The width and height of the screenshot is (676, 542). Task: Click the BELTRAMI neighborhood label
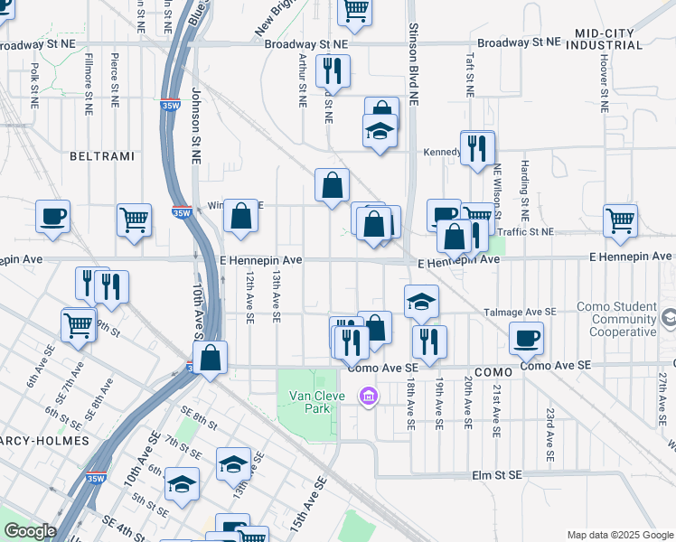click(101, 156)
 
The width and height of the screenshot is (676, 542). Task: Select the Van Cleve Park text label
click(313, 402)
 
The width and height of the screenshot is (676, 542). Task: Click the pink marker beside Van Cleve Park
click(367, 397)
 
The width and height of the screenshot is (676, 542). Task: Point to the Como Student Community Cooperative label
click(623, 320)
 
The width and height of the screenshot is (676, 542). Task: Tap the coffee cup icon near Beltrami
click(53, 217)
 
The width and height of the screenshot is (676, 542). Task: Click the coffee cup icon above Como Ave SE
click(526, 339)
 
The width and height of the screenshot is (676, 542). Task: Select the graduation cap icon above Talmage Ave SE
click(421, 302)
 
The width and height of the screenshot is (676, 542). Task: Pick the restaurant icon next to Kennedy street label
click(477, 147)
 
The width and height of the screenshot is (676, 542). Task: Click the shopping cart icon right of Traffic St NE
click(620, 220)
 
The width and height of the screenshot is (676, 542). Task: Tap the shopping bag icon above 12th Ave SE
click(240, 216)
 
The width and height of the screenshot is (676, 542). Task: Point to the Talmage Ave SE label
click(519, 311)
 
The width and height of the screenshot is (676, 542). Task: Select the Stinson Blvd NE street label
click(412, 65)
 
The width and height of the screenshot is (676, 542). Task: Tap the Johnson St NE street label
click(195, 126)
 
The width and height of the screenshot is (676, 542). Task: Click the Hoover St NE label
click(603, 80)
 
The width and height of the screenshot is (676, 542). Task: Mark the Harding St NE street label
click(524, 192)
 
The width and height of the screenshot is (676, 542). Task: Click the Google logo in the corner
click(30, 531)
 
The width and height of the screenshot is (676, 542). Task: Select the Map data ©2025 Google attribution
click(619, 534)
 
